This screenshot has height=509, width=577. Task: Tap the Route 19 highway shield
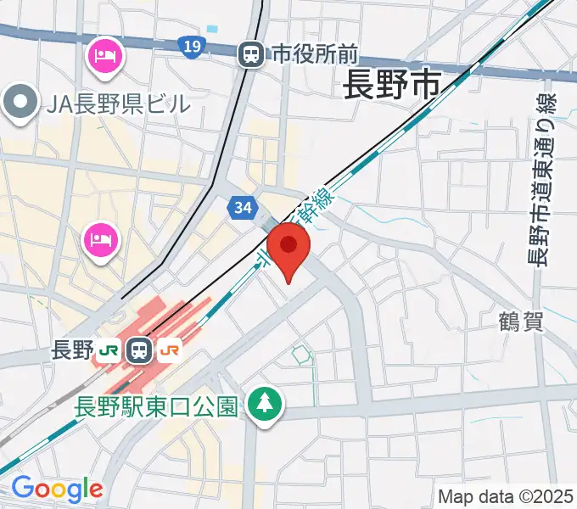pyautogui.click(x=193, y=46)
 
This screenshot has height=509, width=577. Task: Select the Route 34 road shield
pyautogui.click(x=242, y=207)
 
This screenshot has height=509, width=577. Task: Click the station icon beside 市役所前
pyautogui.click(x=251, y=55)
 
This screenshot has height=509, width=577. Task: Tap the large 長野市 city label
pyautogui.click(x=392, y=85)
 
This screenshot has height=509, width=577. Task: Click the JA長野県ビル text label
pyautogui.click(x=119, y=104)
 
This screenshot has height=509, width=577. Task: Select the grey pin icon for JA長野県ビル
pyautogui.click(x=19, y=104)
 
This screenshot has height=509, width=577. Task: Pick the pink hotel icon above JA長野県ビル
pyautogui.click(x=105, y=57)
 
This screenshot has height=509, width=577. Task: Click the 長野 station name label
pyautogui.click(x=72, y=349)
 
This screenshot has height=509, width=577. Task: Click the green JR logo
pyautogui.click(x=108, y=350)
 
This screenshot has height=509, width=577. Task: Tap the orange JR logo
pyautogui.click(x=170, y=349)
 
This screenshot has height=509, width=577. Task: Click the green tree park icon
pyautogui.click(x=266, y=404)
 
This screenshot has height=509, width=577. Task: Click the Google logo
pyautogui.click(x=56, y=489)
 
